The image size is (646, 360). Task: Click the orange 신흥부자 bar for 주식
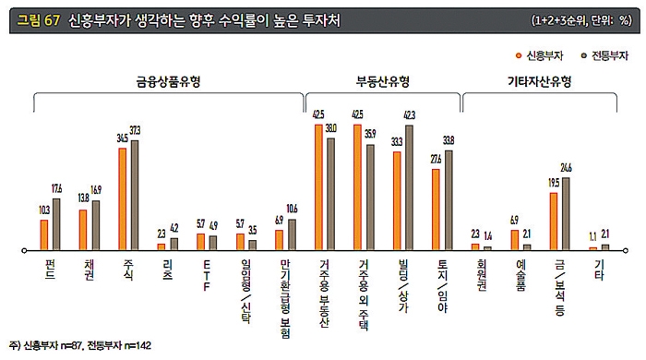(122, 198)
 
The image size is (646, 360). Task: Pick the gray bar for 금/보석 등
(567, 213)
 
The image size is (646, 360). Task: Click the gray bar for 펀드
(55, 224)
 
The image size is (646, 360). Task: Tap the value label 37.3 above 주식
(135, 130)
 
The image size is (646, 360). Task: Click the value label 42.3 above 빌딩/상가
(410, 115)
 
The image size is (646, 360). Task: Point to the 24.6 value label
(567, 167)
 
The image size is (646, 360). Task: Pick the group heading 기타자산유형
(540, 80)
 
